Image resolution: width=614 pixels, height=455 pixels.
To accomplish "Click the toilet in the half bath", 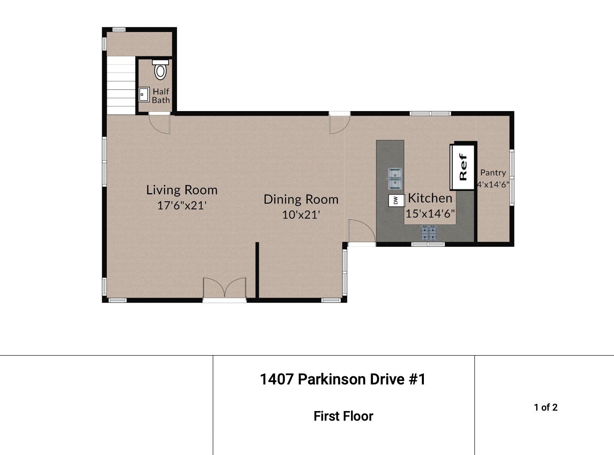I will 160,70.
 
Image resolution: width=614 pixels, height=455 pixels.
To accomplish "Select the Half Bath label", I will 161,96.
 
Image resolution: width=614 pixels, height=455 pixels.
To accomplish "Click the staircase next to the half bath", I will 121,85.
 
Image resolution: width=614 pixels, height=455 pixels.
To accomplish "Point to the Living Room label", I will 182,190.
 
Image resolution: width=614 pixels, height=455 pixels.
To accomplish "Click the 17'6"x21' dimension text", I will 182,206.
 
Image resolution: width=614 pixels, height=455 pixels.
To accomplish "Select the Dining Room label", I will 301,199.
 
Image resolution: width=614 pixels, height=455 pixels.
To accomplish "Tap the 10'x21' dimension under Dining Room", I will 301,215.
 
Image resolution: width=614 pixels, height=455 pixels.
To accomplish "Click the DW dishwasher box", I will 396,201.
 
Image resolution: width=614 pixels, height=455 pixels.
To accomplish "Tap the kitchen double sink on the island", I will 395,179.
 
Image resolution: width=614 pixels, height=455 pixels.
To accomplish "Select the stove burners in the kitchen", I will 429,233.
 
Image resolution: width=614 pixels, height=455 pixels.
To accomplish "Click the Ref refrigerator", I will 463,167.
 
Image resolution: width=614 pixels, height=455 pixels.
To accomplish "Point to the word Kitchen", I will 430,198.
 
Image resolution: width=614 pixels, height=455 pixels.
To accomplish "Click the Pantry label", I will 493,173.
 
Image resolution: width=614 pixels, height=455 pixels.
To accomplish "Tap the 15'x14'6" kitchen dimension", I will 430,213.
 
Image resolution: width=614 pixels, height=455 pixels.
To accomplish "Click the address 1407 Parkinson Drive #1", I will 343,379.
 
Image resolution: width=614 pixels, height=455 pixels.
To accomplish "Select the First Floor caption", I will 343,416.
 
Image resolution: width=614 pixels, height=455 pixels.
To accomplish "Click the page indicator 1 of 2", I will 546,408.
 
